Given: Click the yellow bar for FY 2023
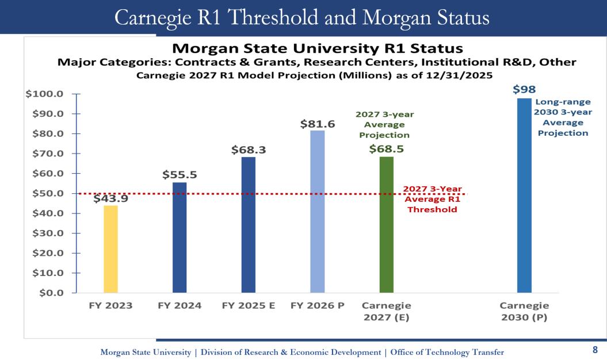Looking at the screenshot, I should coord(110,249).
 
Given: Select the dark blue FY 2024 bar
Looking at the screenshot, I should coord(180,238).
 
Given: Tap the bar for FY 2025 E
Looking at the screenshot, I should coord(249,225).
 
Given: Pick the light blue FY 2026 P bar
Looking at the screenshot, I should coord(318,212).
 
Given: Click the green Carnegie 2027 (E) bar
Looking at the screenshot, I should coord(387,224).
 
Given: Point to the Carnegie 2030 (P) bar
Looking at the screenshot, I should coord(524,196).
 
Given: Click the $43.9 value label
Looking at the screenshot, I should coord(110,198).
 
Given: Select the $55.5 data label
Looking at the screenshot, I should coord(179,175).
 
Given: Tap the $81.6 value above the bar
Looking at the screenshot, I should coord(318,124).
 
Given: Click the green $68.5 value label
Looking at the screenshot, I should coord(386,148).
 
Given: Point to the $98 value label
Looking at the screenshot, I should coord(524,90).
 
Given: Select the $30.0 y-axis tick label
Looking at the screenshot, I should coord(48,233).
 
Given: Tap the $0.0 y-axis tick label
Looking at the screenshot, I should coord(51,293).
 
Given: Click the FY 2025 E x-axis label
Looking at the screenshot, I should coord(249,305).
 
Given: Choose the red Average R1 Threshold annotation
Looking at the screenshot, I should coord(432,199).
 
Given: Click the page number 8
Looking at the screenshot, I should coord(595,349).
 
